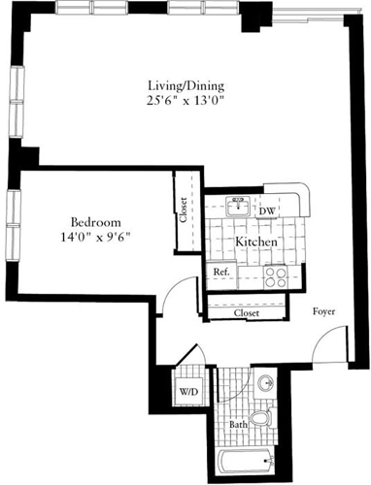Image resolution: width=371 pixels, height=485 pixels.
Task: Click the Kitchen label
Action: click(x=256, y=241)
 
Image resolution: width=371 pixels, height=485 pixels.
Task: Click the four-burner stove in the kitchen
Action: click(x=274, y=274)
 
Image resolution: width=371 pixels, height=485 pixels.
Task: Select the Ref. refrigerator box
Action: click(x=221, y=273)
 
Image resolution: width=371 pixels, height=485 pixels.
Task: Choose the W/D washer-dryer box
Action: click(x=188, y=392)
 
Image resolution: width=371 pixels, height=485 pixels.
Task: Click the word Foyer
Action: click(x=324, y=312)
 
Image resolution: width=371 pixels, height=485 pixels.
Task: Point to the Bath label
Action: click(x=238, y=425)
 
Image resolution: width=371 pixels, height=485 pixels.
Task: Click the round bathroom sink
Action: click(x=263, y=381)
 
